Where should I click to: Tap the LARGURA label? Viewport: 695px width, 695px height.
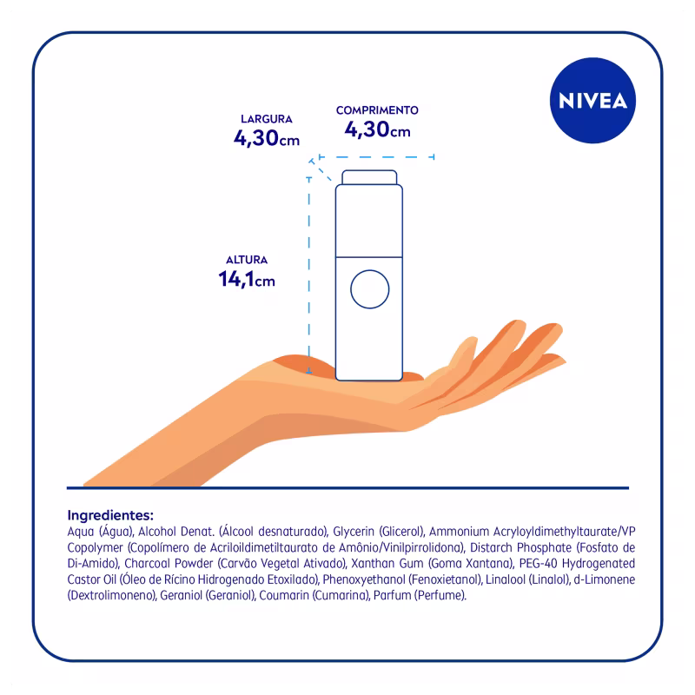pos(267,119)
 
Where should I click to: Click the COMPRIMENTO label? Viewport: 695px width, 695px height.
pos(377,110)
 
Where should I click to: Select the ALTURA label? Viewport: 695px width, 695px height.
pos(247,260)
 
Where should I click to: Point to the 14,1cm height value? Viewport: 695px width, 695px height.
pos(247,280)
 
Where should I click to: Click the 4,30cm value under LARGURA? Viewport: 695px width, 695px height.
pos(267,138)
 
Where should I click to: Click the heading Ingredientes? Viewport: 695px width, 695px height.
pos(109,514)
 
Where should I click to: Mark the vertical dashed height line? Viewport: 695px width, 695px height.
pos(309,269)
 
